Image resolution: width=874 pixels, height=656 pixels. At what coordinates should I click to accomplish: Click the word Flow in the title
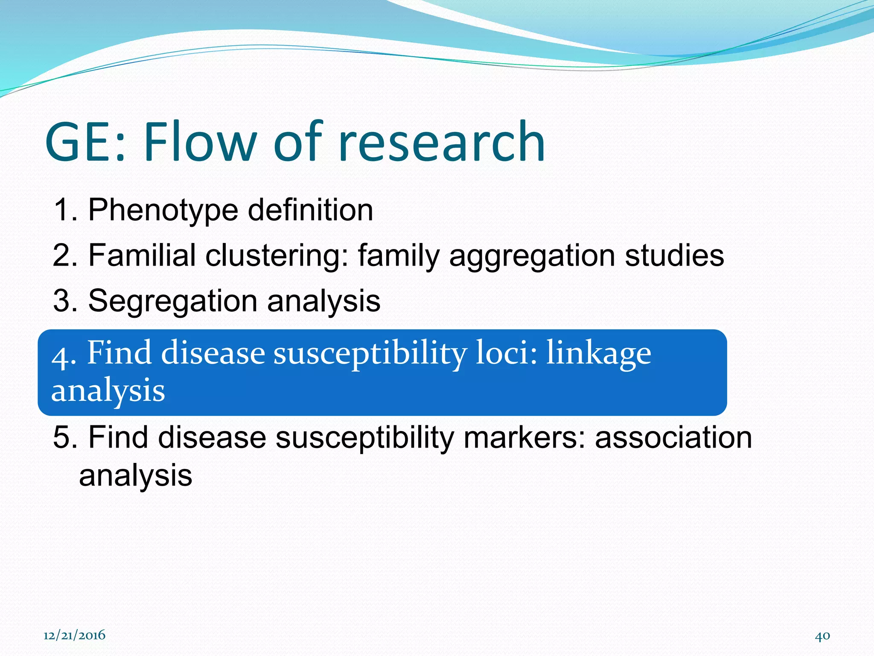200,142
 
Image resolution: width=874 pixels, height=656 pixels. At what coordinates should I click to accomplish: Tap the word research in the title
442,142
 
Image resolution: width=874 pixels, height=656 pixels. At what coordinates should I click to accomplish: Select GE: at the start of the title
85,142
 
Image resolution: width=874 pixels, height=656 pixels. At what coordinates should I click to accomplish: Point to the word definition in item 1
310,210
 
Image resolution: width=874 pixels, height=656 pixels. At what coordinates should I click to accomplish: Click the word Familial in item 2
142,255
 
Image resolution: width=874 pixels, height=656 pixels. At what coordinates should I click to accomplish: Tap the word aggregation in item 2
532,255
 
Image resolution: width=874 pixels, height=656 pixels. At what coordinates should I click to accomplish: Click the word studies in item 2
674,255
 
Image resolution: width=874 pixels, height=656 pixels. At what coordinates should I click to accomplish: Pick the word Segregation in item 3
172,301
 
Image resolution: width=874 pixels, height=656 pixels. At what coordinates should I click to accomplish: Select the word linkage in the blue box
598,354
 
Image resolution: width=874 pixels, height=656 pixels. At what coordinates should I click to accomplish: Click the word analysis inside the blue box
108,390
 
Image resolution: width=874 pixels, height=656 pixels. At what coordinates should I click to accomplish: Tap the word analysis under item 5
136,475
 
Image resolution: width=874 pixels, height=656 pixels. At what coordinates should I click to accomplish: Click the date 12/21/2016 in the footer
74,635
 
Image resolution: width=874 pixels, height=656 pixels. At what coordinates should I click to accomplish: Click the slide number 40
822,636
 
